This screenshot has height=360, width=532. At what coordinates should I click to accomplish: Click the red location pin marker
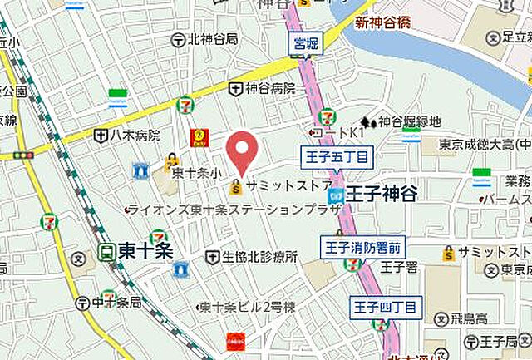pyautogui.click(x=242, y=150)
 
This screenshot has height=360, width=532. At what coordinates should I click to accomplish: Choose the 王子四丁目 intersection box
pyautogui.click(x=386, y=307)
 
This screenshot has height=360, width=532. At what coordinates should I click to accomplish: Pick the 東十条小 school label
pyautogui.click(x=196, y=174)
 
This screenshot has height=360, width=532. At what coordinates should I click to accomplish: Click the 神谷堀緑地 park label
pyautogui.click(x=409, y=121)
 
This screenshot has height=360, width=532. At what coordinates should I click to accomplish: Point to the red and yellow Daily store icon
pyautogui.click(x=199, y=137)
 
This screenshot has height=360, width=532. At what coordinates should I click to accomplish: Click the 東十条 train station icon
pyautogui.click(x=106, y=250)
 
